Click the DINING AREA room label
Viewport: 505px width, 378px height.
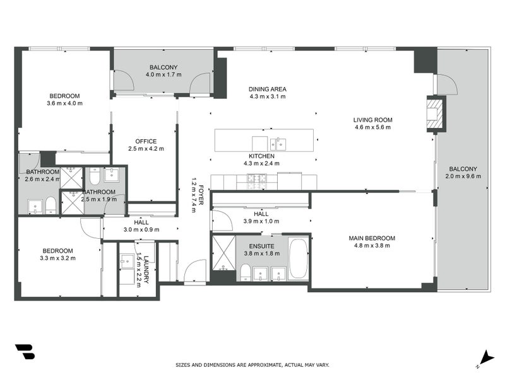268,89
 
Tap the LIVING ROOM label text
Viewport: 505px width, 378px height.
372,120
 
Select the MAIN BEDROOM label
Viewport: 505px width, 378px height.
372,238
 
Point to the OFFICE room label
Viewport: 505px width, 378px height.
146,141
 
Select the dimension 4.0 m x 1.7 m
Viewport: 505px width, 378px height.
163,74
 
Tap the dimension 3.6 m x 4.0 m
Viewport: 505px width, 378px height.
64,103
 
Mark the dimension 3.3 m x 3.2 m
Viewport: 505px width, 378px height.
57,258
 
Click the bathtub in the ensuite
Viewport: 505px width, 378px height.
297,258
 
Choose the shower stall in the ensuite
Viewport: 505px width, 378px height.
223,252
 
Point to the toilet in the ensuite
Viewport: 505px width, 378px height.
244,273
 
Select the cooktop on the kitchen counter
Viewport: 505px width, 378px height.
257,180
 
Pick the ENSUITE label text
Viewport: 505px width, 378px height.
261,246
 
